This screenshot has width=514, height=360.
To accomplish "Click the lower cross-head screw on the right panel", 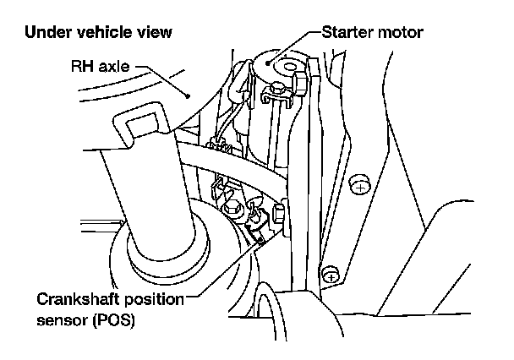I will pyautogui.click(x=332, y=275).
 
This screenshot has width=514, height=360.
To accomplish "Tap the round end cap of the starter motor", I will pyautogui.click(x=279, y=63).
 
